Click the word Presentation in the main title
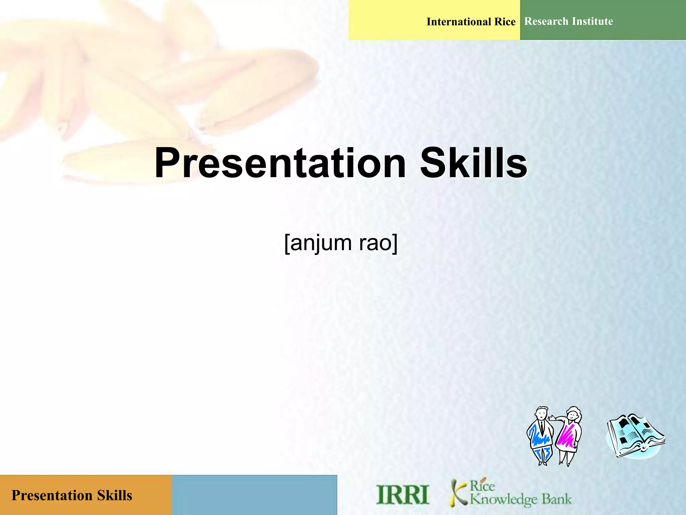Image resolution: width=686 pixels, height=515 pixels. tap(280, 163)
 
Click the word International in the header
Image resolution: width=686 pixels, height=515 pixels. tap(459, 22)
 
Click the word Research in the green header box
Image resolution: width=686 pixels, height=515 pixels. tap(546, 21)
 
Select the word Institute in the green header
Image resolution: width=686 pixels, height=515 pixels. tap(593, 21)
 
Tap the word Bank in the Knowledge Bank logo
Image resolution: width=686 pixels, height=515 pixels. tap(556, 499)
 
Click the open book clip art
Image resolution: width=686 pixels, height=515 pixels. tap(635, 436)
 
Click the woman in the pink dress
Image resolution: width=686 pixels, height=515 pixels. tap(568, 436)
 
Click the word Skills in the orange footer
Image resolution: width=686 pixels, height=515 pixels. tap(115, 496)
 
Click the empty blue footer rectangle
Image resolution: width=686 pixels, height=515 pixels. tap(254, 495)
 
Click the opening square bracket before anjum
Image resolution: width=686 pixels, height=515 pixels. tap(287, 244)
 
